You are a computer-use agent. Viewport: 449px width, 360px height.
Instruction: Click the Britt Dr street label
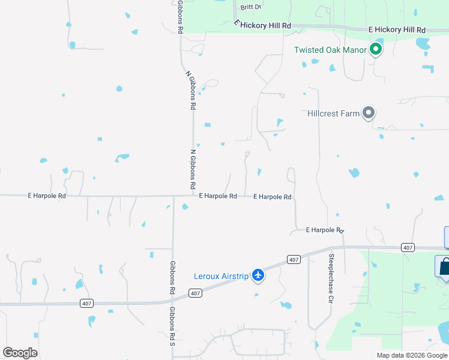(x=252, y=7)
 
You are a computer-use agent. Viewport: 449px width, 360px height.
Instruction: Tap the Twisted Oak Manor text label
(x=330, y=50)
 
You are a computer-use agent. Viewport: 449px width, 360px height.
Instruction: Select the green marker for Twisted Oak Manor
(x=376, y=49)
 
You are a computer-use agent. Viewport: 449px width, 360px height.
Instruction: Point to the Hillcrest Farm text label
(x=333, y=113)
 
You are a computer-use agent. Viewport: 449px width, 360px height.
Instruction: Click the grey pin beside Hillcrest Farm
(x=369, y=112)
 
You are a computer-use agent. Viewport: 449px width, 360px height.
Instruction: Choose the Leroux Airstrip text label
(x=221, y=276)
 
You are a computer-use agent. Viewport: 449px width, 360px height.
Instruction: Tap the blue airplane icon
(x=258, y=275)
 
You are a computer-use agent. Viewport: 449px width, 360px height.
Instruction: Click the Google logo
(x=20, y=353)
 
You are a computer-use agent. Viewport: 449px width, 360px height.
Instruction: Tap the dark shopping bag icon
(x=445, y=266)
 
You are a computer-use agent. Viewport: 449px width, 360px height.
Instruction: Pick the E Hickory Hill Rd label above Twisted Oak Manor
(x=397, y=29)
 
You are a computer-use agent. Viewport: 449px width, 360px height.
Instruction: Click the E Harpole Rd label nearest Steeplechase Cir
(x=324, y=230)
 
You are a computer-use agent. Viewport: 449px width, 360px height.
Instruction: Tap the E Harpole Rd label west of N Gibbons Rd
(x=46, y=196)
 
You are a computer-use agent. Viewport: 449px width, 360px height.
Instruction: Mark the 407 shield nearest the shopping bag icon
(x=408, y=247)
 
